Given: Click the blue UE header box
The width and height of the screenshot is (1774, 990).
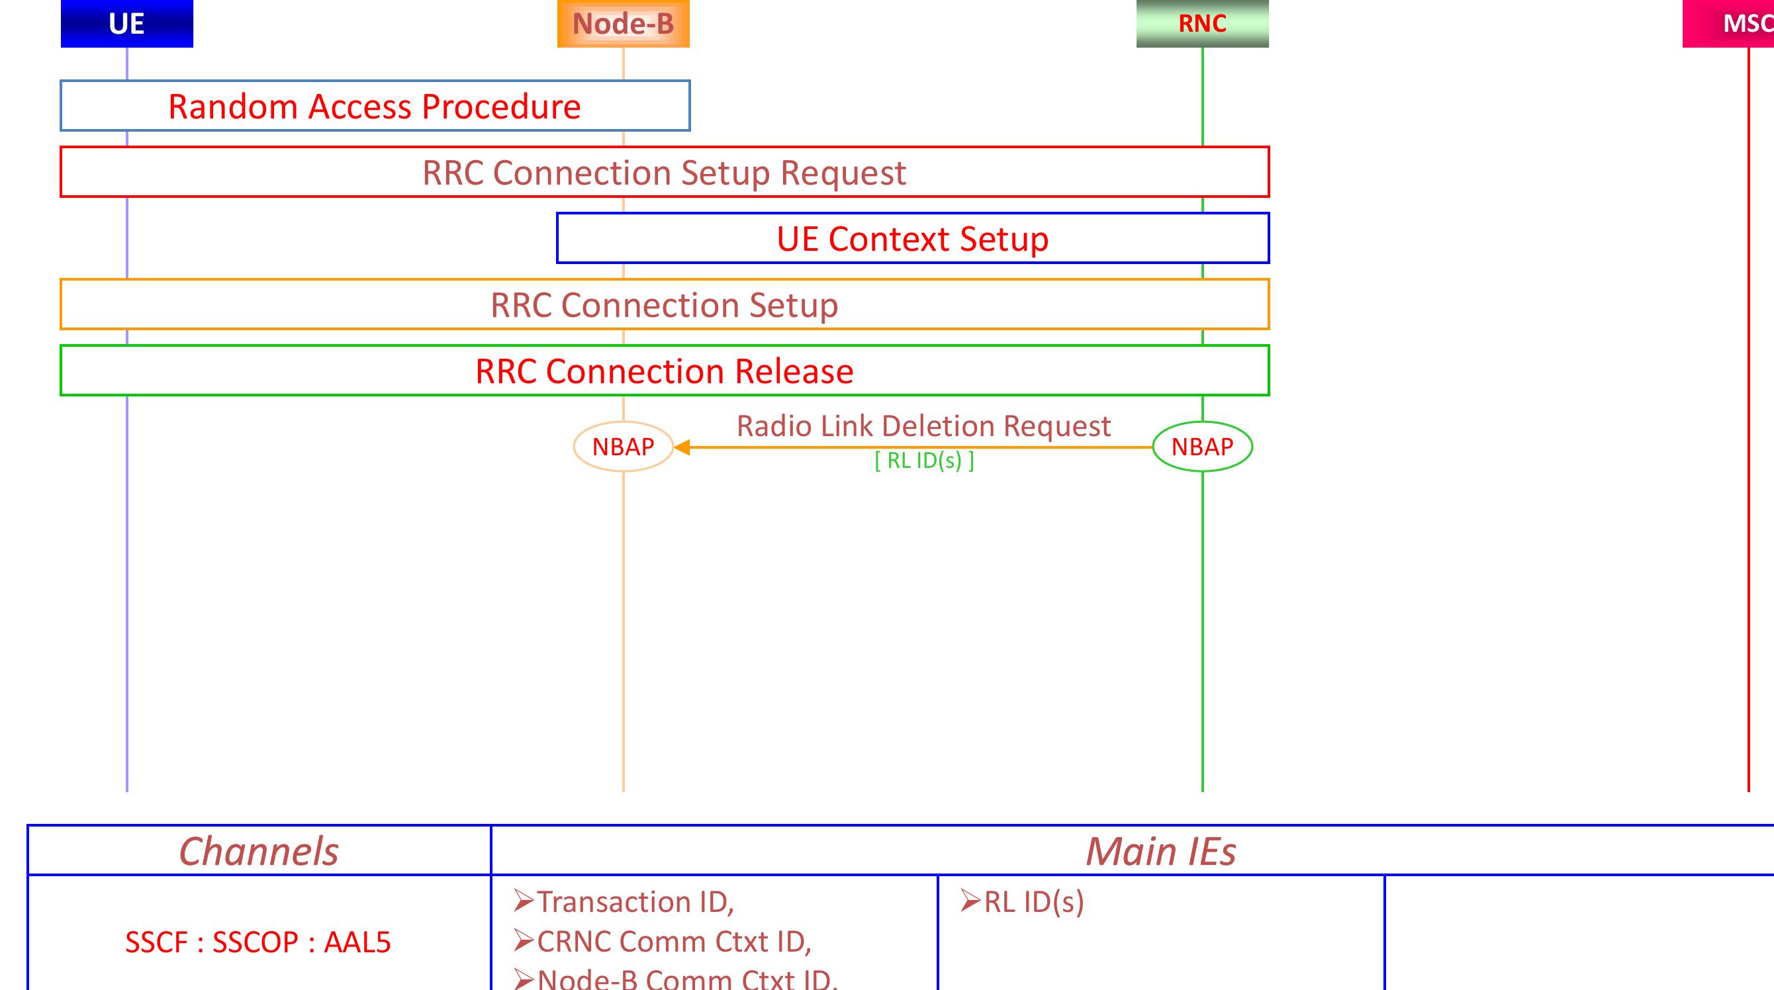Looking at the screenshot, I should [x=126, y=23].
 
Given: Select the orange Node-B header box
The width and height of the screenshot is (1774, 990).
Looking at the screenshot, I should [x=624, y=23].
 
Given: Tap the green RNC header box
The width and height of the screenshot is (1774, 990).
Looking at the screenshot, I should [x=1202, y=23].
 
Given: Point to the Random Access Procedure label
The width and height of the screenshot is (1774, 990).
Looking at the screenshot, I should [x=375, y=107].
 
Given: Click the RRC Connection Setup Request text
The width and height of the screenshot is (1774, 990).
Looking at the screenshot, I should [x=664, y=173].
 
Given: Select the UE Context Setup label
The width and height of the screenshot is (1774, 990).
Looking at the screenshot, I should [x=912, y=239].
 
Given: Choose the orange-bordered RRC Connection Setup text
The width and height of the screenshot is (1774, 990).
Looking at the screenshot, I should [x=664, y=305].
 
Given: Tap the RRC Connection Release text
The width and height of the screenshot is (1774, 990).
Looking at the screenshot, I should [x=664, y=371].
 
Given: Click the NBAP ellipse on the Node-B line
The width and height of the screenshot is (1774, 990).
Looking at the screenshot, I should [x=624, y=447].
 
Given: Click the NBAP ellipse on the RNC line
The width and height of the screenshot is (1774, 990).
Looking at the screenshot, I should [x=1202, y=447].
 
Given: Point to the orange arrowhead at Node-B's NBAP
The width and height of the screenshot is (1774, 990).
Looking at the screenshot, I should [x=681, y=447].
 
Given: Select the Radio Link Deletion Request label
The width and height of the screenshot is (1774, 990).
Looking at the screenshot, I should [x=923, y=426].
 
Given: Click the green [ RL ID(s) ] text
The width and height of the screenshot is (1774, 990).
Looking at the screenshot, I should [x=924, y=461].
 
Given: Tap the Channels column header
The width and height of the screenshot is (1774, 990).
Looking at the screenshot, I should [x=259, y=852].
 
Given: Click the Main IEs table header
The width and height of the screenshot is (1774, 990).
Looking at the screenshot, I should [x=1160, y=852].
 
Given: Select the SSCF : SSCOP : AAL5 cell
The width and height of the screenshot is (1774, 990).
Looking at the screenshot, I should [x=258, y=942].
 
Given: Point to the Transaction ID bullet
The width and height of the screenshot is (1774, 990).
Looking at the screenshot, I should [x=624, y=902].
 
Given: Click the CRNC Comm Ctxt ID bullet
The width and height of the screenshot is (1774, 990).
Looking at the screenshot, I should [x=663, y=942].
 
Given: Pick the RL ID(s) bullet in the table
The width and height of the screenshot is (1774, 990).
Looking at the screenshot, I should [x=1023, y=902].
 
